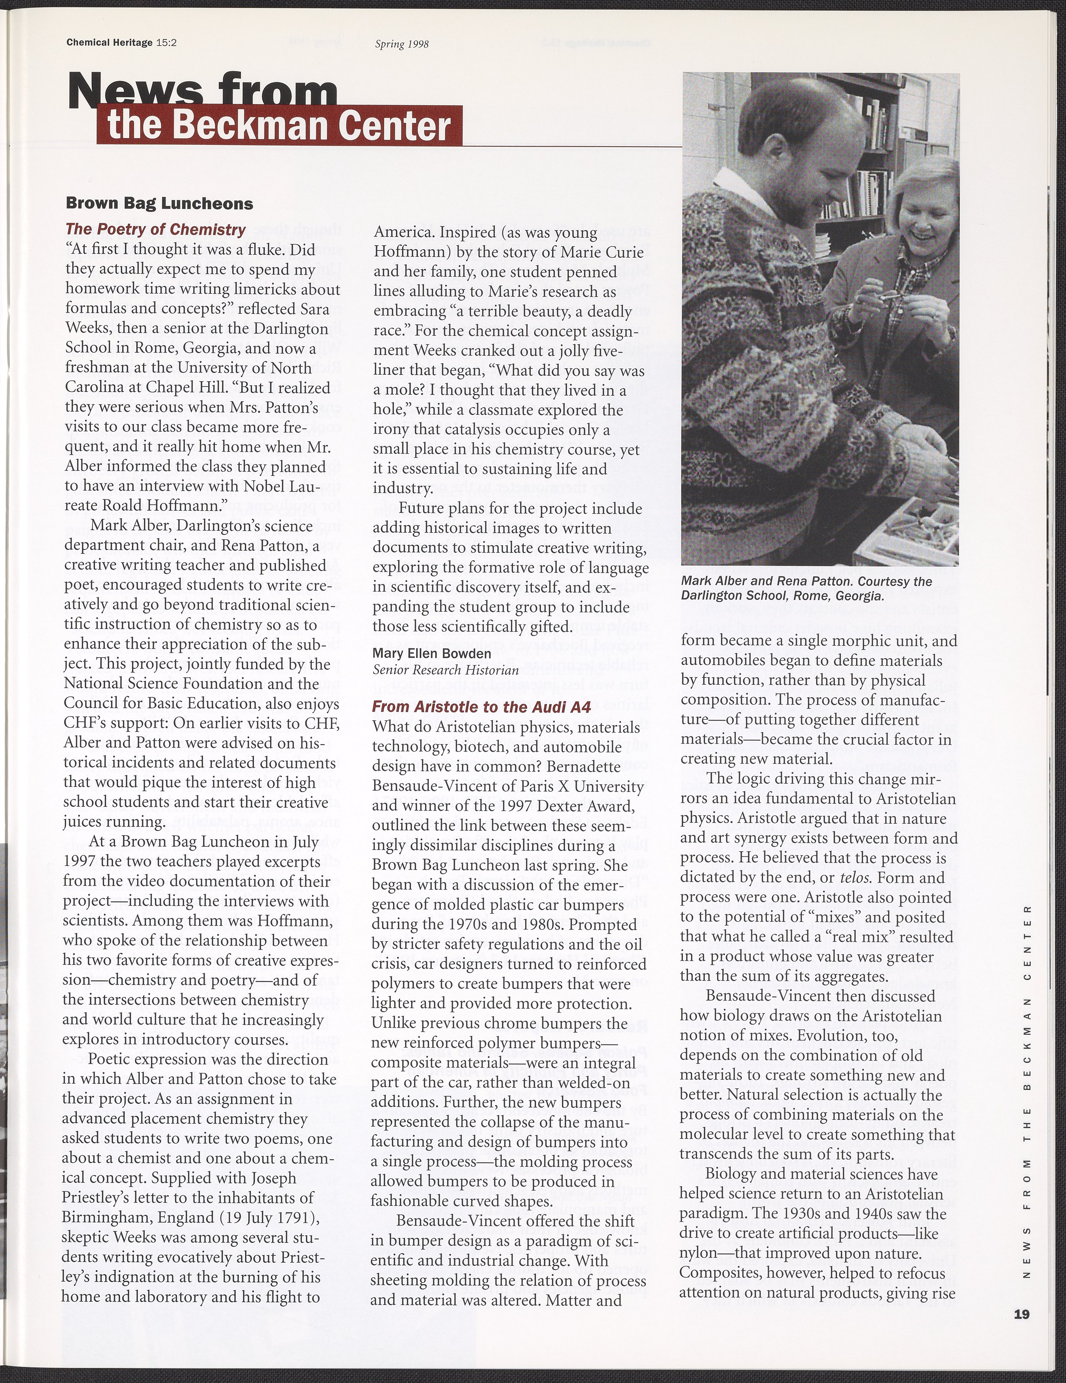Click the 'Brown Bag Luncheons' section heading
[x=159, y=204]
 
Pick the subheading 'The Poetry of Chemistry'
[x=155, y=229]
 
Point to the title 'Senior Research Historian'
[x=446, y=669]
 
